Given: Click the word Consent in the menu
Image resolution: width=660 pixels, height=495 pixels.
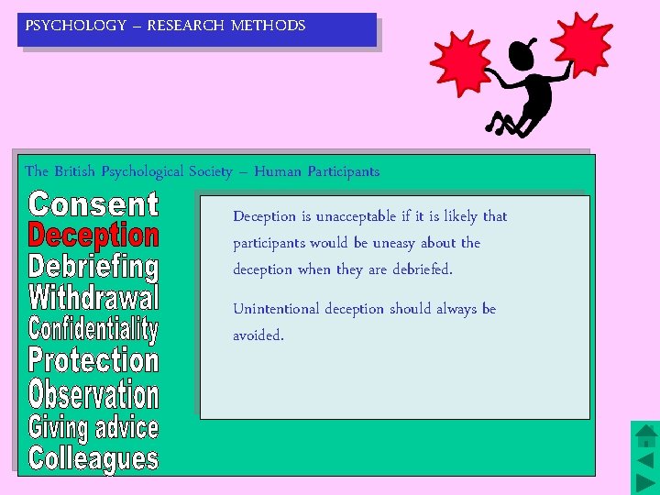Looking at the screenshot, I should pyautogui.click(x=93, y=204).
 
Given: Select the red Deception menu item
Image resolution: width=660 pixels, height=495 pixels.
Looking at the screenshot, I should pyautogui.click(x=93, y=236).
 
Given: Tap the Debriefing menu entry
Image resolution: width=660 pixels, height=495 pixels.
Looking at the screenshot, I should pyautogui.click(x=93, y=267).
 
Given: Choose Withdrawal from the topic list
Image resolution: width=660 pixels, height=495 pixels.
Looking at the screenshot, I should pyautogui.click(x=93, y=298).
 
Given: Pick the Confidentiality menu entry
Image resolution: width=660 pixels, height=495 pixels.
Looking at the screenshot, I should pyautogui.click(x=93, y=329).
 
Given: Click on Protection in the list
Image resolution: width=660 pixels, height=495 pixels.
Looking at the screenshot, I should pyautogui.click(x=93, y=360).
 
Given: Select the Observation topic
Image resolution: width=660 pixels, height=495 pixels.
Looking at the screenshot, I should pyautogui.click(x=93, y=394).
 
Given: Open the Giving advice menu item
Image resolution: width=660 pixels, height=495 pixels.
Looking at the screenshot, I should pyautogui.click(x=93, y=427).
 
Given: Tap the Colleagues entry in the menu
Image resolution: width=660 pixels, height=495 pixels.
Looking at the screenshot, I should pyautogui.click(x=93, y=457).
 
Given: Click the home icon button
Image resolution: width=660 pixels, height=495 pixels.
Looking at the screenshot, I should pyautogui.click(x=645, y=434).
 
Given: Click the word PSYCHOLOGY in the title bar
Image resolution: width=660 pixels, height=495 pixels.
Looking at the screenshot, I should pyautogui.click(x=76, y=26).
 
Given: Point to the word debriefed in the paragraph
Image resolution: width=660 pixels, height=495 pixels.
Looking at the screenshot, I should pyautogui.click(x=420, y=269).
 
